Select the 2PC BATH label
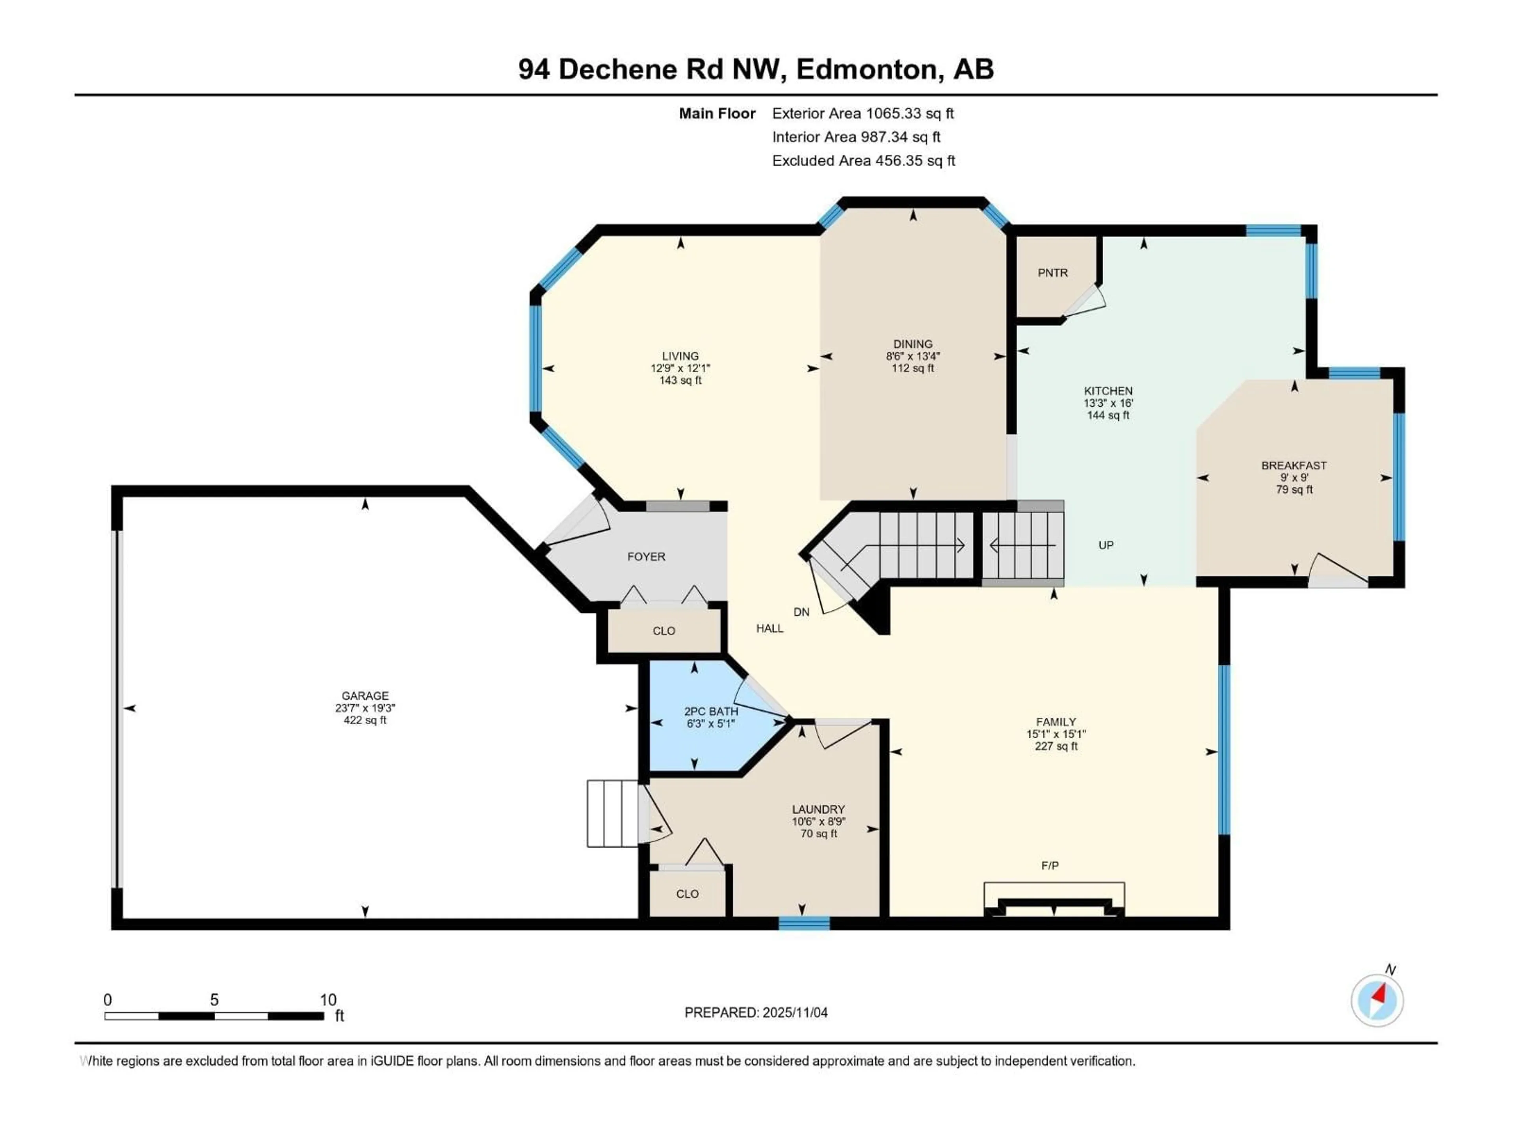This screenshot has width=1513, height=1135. click(711, 711)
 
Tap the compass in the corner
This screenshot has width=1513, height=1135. click(1377, 1000)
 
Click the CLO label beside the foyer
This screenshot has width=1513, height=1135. click(664, 631)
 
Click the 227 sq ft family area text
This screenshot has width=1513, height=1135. click(1056, 746)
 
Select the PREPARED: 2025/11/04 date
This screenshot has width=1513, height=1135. click(755, 1012)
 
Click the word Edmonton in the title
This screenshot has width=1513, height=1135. click(866, 69)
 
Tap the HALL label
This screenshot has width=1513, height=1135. click(770, 629)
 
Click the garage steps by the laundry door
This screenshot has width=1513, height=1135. click(612, 813)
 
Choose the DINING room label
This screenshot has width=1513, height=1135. click(913, 344)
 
